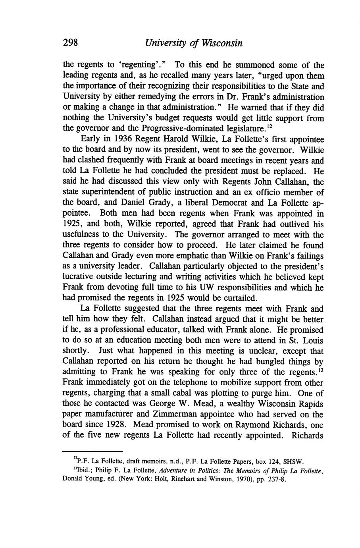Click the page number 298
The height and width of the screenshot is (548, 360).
click(x=72, y=43)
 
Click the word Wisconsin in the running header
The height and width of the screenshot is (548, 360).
click(x=221, y=43)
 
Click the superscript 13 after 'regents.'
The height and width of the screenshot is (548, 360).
click(x=321, y=370)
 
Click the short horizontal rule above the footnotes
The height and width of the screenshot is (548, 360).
click(x=92, y=451)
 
